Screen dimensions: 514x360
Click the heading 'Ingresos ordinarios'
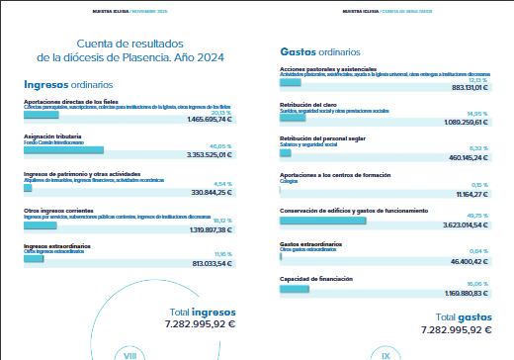[68, 85]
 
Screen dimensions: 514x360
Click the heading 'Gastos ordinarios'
[320, 50]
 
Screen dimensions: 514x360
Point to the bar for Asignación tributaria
[63, 149]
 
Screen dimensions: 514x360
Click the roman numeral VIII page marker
[128, 353]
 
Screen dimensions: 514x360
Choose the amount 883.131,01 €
[461, 87]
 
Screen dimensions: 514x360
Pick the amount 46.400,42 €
[464, 260]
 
